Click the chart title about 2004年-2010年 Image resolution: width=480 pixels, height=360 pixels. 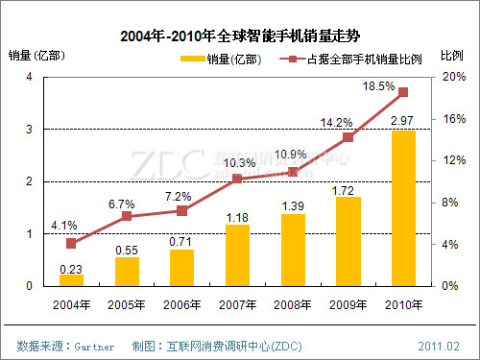[x=239, y=36]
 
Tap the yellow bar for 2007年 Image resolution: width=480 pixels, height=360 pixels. [x=237, y=255]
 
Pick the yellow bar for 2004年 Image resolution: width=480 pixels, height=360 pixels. [x=71, y=280]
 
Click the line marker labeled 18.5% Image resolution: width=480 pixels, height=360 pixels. [x=403, y=92]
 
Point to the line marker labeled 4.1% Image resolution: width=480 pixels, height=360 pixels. [x=71, y=243]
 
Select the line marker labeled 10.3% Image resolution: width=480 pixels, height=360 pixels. [x=237, y=179]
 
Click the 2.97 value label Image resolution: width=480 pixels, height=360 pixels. [x=403, y=120]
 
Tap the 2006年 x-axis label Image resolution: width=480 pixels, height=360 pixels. [x=182, y=304]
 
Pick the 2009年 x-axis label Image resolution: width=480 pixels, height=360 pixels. [x=348, y=304]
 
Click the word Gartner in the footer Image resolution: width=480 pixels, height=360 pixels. [x=94, y=344]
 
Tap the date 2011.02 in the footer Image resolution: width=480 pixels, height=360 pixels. [x=440, y=344]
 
